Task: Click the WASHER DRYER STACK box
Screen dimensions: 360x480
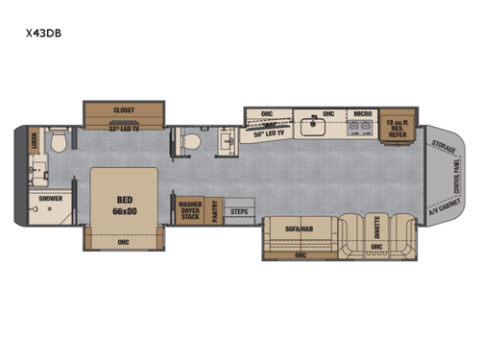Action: coord(189,210)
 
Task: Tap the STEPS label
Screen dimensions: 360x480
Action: coord(241,211)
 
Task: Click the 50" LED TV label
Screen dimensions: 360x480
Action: coord(272,136)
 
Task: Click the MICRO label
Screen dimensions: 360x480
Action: coord(362,113)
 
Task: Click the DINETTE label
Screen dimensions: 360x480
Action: coord(376,230)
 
